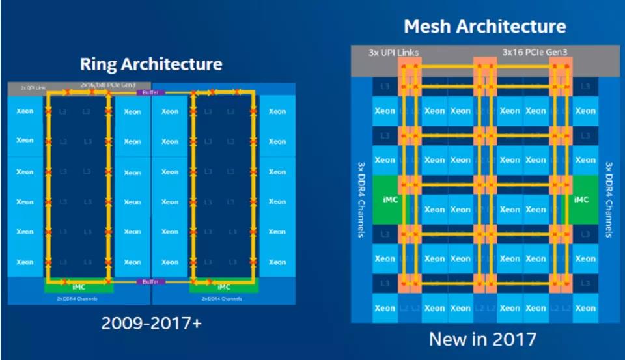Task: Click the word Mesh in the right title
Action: point(426,27)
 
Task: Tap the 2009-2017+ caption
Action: point(150,324)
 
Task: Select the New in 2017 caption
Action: point(482,339)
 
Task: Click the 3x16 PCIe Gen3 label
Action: point(534,52)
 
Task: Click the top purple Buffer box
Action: point(146,93)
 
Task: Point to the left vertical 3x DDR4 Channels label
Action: point(360,200)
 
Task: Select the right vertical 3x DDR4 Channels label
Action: point(609,200)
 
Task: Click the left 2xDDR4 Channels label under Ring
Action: point(79,299)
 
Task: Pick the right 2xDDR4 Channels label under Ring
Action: point(223,299)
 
